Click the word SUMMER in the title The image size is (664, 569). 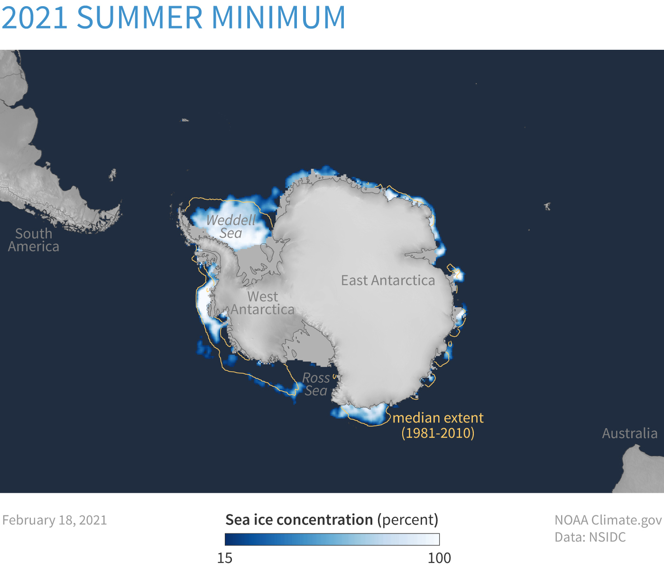click(x=140, y=17)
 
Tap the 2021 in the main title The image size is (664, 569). click(x=35, y=17)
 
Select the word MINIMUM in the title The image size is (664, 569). click(x=278, y=17)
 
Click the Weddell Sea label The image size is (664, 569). click(x=231, y=227)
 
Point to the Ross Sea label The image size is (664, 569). click(x=316, y=385)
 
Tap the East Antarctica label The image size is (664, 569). click(x=388, y=280)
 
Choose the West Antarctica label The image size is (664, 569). click(x=262, y=303)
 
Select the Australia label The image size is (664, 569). click(x=630, y=433)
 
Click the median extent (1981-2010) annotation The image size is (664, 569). click(x=438, y=426)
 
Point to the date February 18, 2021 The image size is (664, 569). click(x=54, y=520)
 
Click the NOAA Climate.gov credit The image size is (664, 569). click(x=608, y=520)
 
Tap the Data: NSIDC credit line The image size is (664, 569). click(x=590, y=537)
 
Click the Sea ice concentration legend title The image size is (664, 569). click(x=332, y=520)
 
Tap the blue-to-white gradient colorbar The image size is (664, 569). click(x=332, y=540)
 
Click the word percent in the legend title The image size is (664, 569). click(x=408, y=520)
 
